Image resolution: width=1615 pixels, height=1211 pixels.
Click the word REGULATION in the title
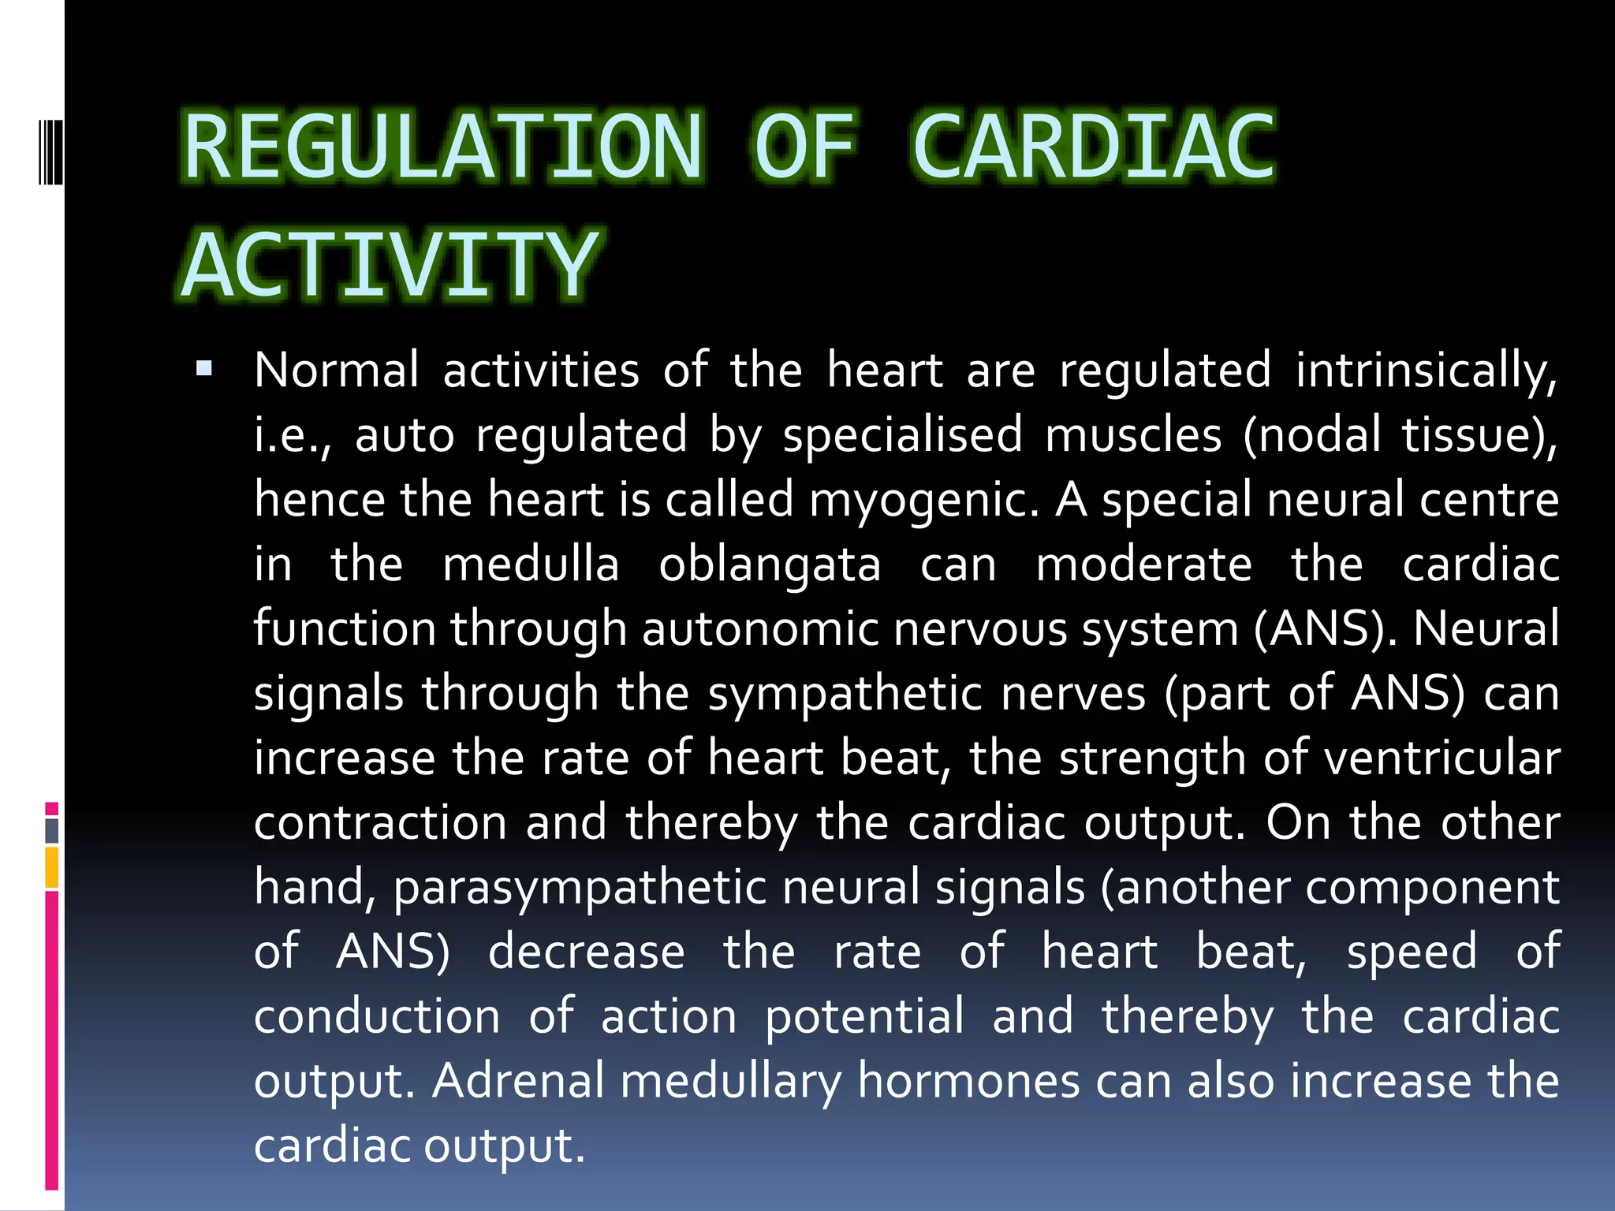[x=442, y=147]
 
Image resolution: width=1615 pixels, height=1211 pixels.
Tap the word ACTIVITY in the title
[x=390, y=265]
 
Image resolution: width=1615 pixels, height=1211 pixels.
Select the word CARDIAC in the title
[x=1094, y=147]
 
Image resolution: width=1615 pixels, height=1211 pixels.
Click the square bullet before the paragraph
[x=204, y=368]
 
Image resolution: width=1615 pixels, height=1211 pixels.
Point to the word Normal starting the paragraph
[x=337, y=370]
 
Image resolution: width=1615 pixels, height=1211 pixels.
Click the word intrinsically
[x=1426, y=370]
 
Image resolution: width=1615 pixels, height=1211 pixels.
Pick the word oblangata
[x=770, y=565]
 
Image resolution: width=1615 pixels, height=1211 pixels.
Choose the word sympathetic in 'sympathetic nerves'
[x=844, y=694]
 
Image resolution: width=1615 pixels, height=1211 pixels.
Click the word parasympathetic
[x=580, y=887]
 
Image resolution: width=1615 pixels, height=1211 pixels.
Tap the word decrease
[x=586, y=952]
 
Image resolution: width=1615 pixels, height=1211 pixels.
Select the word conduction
[x=377, y=1016]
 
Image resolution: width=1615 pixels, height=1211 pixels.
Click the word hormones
[x=968, y=1080]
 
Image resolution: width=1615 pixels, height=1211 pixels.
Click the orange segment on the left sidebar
[x=52, y=867]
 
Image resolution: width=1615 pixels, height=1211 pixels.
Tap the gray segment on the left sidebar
[x=52, y=830]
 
